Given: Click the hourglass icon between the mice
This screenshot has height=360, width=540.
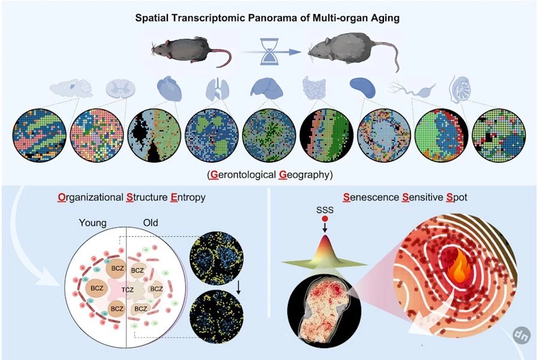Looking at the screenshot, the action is (269, 52).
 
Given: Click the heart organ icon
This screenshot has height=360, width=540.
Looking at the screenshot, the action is (169, 88).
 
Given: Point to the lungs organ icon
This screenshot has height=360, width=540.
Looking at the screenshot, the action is (217, 89).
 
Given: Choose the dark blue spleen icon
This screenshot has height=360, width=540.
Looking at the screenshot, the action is (362, 88).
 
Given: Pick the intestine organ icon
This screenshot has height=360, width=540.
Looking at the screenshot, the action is (314, 88).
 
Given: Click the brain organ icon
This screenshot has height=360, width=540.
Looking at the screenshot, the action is (71, 88).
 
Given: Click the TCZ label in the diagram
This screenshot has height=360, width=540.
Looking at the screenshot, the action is (127, 290).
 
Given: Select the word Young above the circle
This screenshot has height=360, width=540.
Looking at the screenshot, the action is (92, 223).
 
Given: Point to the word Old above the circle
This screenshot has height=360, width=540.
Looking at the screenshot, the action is (150, 223).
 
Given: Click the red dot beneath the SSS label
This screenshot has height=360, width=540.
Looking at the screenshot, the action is (325, 219).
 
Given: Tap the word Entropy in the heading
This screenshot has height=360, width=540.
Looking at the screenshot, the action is (188, 197).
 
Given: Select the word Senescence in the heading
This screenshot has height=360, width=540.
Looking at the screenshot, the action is (371, 197).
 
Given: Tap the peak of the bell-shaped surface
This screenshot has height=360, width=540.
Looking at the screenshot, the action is (325, 236).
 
